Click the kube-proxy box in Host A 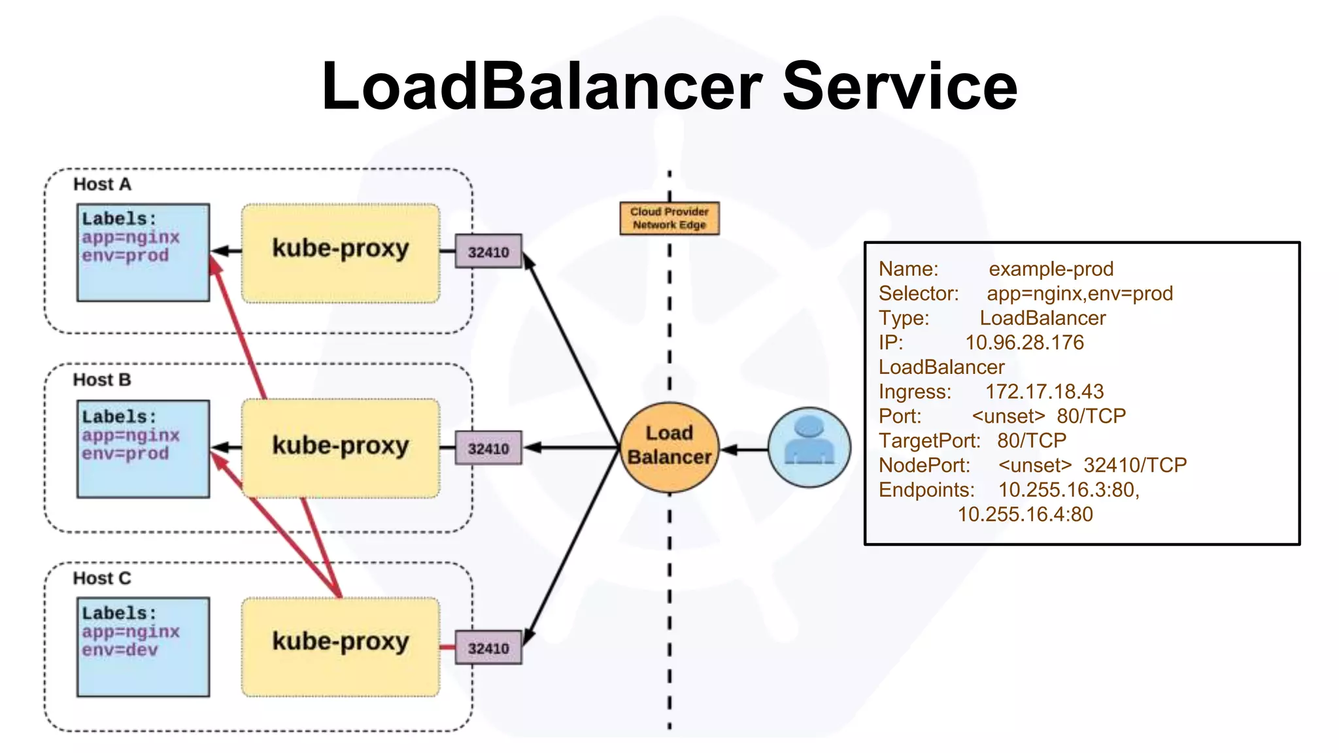point(340,253)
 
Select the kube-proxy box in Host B point(340,448)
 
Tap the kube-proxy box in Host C point(340,646)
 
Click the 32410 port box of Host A point(488,252)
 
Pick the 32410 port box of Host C point(488,648)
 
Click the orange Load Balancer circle point(669,446)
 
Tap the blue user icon point(809,448)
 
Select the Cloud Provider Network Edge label point(669,218)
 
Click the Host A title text point(102,184)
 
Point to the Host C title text point(102,578)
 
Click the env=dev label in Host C point(120,650)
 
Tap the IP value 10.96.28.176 point(1024,343)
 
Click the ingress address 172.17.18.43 point(1044,392)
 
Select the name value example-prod point(1051,269)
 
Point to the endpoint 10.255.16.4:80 point(1025,514)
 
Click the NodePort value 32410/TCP point(1134,465)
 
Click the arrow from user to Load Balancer point(745,450)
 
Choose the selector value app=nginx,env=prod point(1079,293)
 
